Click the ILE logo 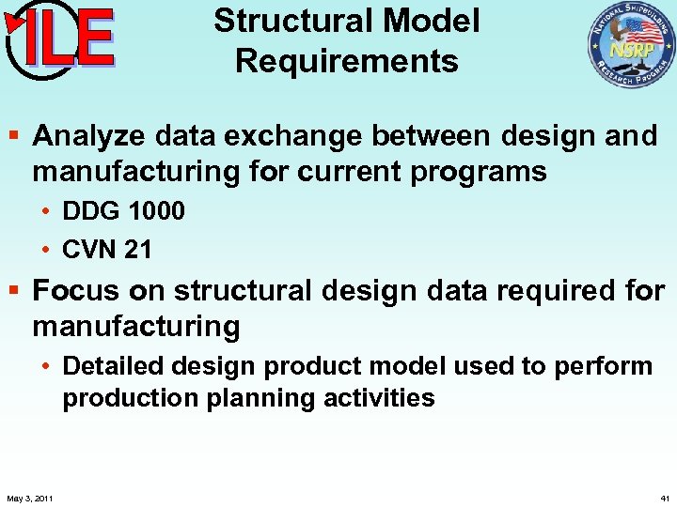(x=61, y=39)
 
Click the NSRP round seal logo (x=631, y=44)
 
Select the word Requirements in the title (x=347, y=61)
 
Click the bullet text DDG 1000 (x=123, y=211)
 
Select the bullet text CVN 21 (x=106, y=249)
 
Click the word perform (x=602, y=365)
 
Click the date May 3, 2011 (x=29, y=497)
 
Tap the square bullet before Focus (x=16, y=292)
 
